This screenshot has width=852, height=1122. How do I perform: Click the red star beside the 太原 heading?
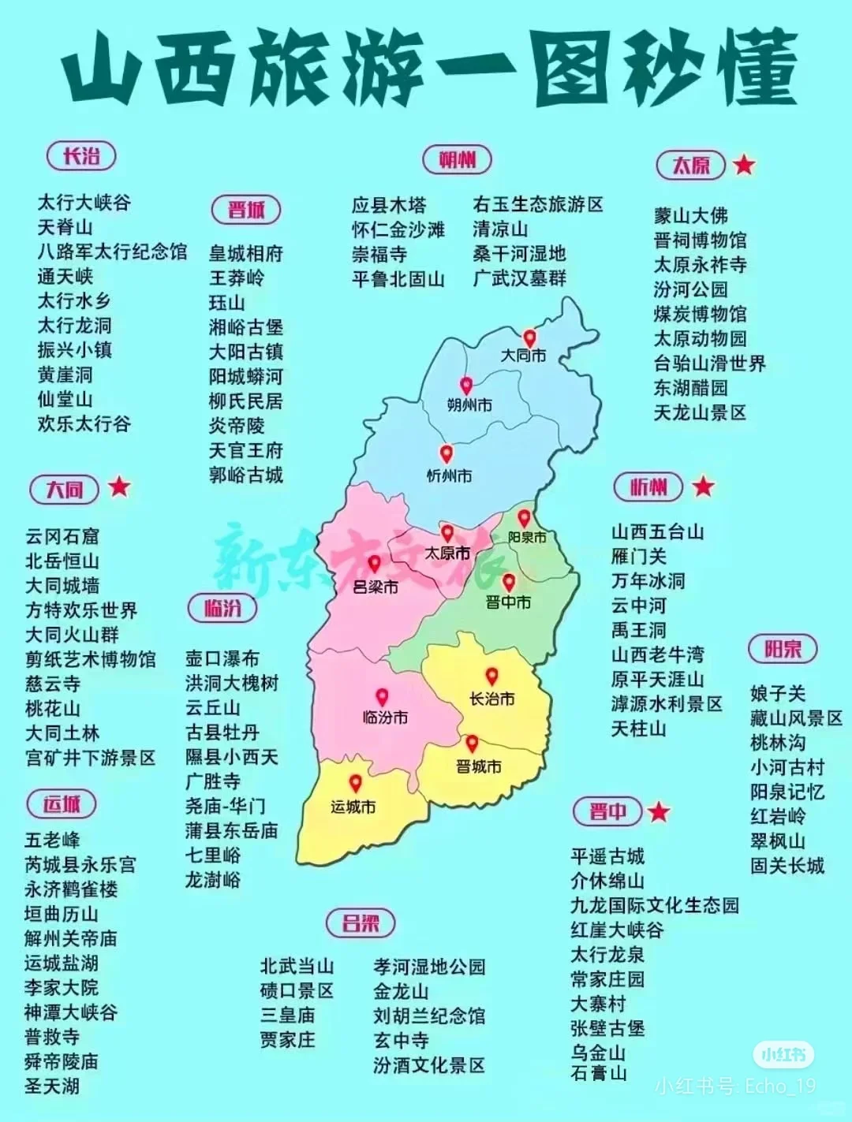[x=743, y=165]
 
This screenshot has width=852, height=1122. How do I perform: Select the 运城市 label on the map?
[x=353, y=807]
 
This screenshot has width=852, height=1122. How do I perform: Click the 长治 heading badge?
[x=81, y=156]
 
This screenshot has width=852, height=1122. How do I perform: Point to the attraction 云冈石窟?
[x=62, y=537]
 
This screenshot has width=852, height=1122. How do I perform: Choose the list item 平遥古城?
[x=607, y=856]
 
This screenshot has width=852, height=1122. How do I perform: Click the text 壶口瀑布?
[x=222, y=658]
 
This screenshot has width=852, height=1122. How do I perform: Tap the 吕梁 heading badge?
[x=361, y=923]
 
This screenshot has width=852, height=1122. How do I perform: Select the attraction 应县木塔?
[x=388, y=205]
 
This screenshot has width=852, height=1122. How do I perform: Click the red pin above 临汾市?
[x=382, y=697]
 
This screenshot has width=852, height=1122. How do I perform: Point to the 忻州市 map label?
[x=449, y=476]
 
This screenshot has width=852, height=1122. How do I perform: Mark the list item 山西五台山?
[x=657, y=532]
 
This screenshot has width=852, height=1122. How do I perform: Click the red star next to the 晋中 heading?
[x=659, y=811]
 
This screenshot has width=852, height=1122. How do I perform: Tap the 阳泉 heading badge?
[x=783, y=649]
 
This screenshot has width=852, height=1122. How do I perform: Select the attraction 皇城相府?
[x=245, y=254]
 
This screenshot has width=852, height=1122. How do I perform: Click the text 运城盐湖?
[x=62, y=963]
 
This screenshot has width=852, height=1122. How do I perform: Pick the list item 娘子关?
[x=778, y=694]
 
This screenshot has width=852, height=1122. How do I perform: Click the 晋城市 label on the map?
[x=478, y=766]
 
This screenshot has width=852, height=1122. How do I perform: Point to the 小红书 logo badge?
[x=783, y=1054]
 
